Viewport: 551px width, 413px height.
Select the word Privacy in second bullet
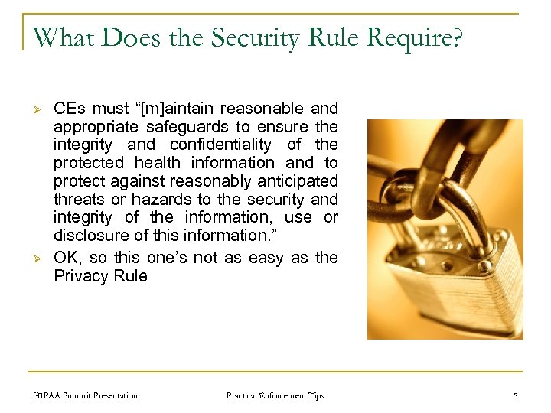click(x=82, y=276)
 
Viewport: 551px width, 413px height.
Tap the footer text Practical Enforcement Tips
click(x=275, y=395)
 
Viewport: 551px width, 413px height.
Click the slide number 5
click(x=515, y=395)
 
